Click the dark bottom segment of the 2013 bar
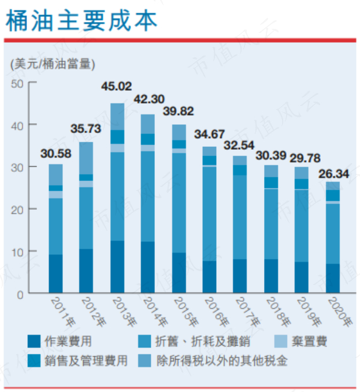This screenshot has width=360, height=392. (117, 267)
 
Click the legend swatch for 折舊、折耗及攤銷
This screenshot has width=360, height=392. (144, 342)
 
